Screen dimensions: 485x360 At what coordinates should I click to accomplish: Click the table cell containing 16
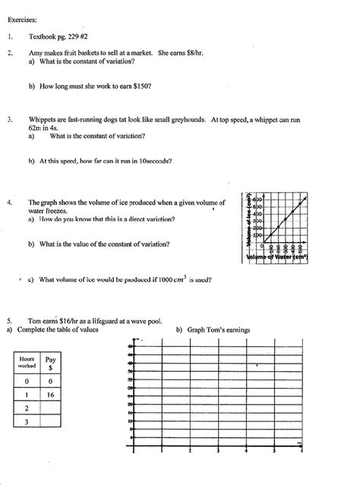pyautogui.click(x=51, y=395)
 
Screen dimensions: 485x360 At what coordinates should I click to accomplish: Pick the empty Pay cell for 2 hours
pyautogui.click(x=51, y=408)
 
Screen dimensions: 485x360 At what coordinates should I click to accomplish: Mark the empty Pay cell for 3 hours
pyautogui.click(x=51, y=421)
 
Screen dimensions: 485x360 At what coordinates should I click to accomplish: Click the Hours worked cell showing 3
pyautogui.click(x=27, y=421)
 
